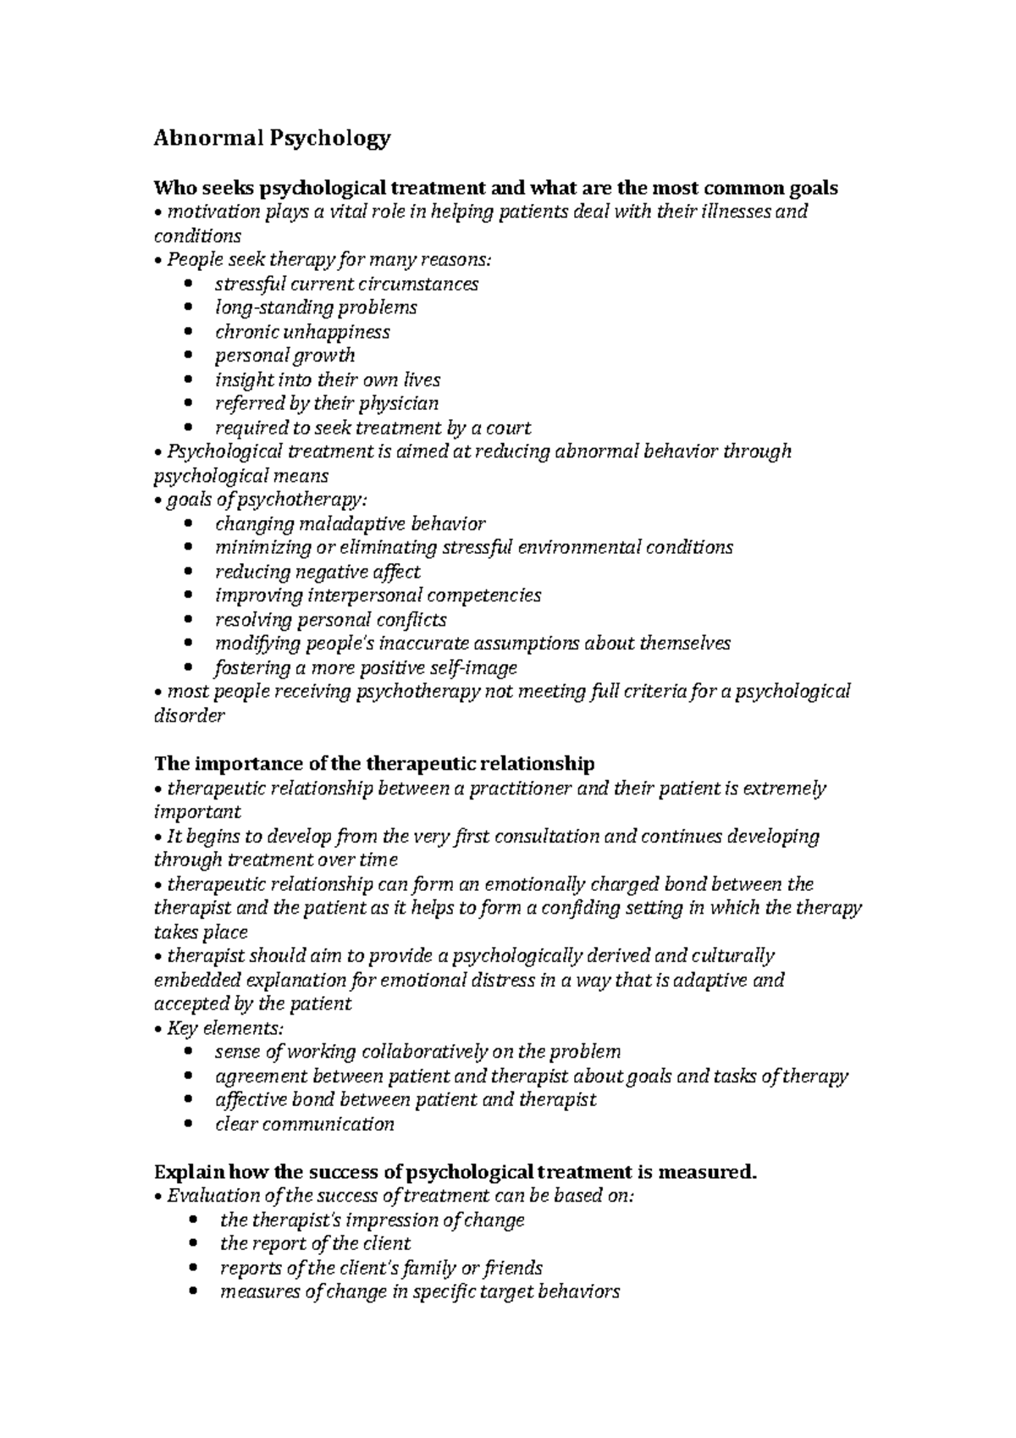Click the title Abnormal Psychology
pyautogui.click(x=272, y=138)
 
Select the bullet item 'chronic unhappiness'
pyautogui.click(x=302, y=332)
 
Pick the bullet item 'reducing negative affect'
pyautogui.click(x=317, y=572)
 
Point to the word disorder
pyautogui.click(x=189, y=716)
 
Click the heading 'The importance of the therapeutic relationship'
pyautogui.click(x=374, y=764)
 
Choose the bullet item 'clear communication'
pyautogui.click(x=304, y=1125)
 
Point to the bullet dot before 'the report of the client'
pyautogui.click(x=196, y=1244)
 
